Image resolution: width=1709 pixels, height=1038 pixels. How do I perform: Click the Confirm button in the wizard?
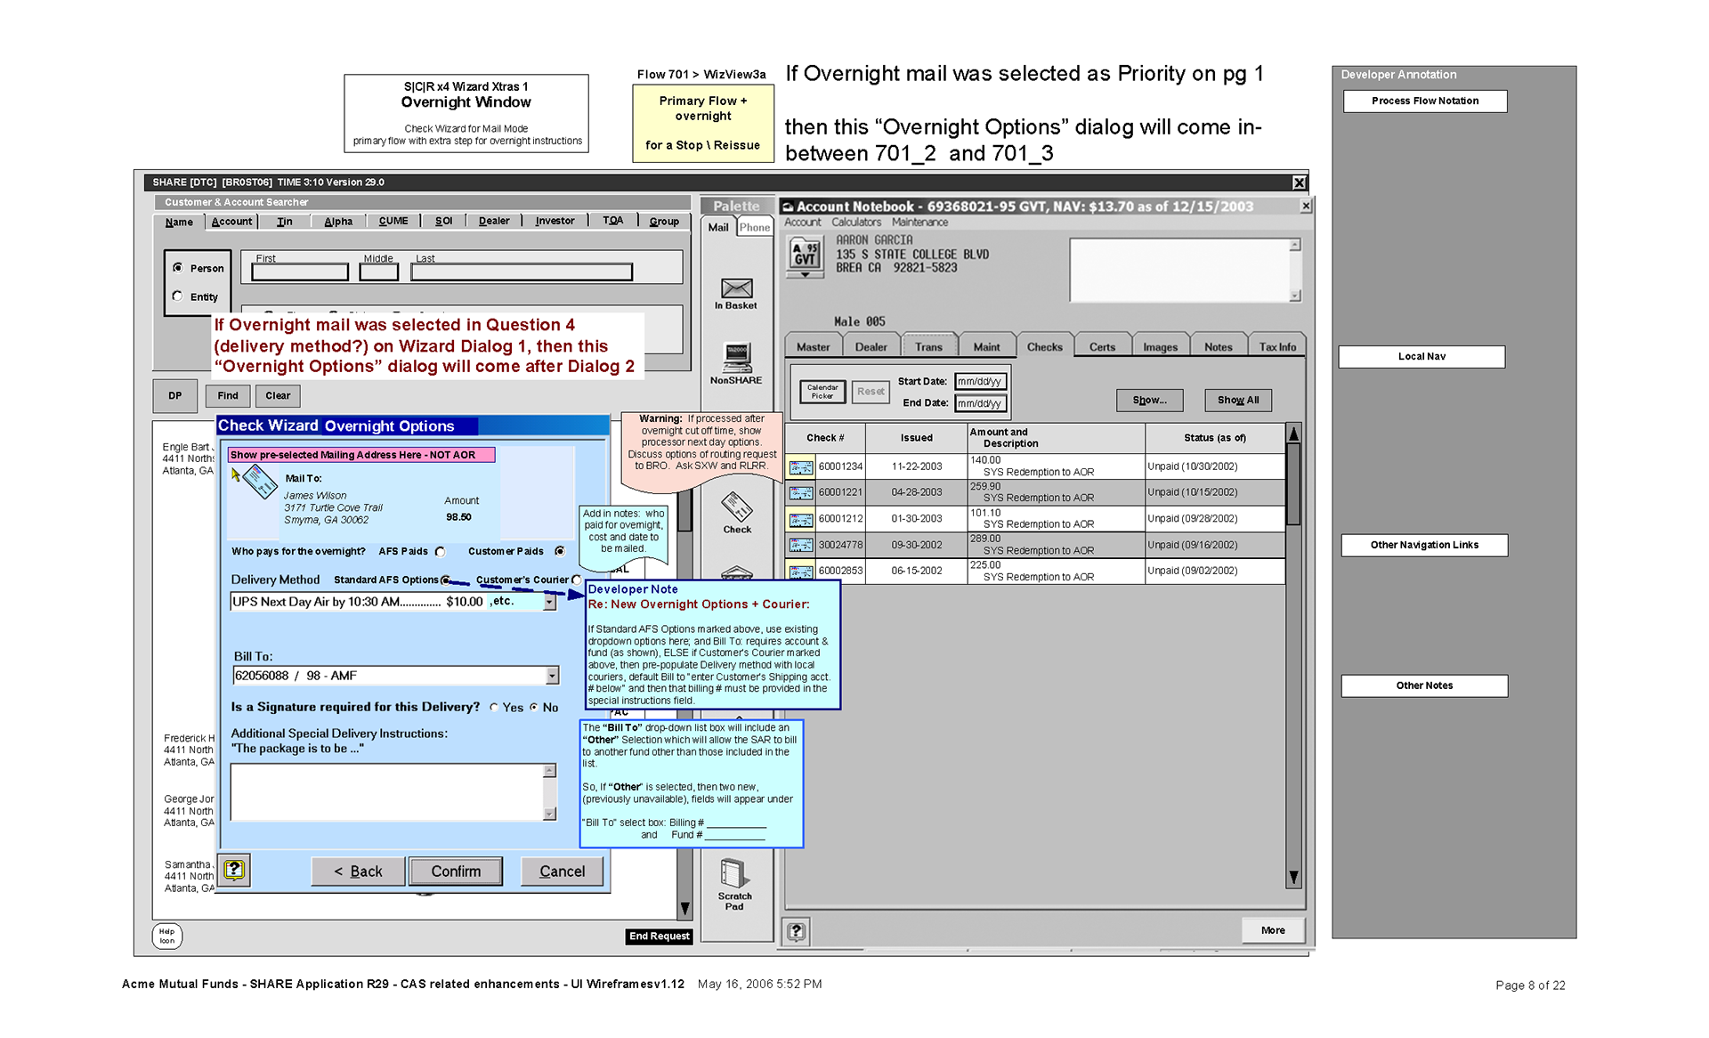(456, 872)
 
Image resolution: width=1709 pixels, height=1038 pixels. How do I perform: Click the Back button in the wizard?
(358, 872)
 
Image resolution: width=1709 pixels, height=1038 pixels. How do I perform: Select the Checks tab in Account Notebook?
(1044, 347)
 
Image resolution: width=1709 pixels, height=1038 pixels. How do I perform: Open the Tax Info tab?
(1276, 347)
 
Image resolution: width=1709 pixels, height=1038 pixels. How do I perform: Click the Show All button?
(1237, 401)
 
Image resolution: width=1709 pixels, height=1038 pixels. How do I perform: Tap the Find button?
(228, 396)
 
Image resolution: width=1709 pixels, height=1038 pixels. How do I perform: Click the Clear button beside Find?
(278, 396)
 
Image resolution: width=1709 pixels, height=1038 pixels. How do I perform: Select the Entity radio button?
(178, 296)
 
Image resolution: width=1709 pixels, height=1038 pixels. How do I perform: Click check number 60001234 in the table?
(840, 466)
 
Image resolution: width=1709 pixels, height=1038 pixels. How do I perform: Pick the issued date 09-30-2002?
(916, 545)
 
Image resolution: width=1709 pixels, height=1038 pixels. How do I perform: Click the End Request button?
(659, 937)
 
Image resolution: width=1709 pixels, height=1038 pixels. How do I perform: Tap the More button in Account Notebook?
(1272, 930)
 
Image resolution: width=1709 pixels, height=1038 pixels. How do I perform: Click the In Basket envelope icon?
(736, 288)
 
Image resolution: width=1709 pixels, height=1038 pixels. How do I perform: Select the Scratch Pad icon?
(733, 874)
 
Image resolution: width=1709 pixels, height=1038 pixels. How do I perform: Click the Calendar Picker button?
(822, 392)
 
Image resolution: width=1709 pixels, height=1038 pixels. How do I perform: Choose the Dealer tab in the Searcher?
(494, 222)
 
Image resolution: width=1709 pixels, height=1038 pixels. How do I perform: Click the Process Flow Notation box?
(1424, 101)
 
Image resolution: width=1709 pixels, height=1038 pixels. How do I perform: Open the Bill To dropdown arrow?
(552, 676)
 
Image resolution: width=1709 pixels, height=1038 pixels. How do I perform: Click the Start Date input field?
(980, 382)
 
